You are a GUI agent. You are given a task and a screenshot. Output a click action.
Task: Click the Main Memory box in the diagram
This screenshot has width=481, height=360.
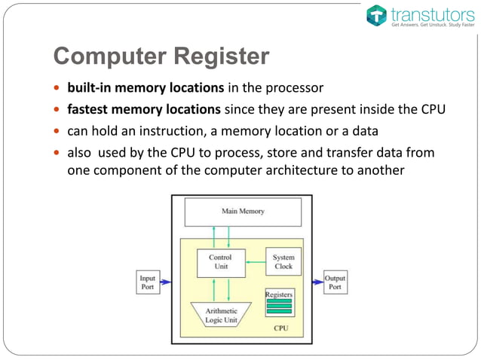[243, 211]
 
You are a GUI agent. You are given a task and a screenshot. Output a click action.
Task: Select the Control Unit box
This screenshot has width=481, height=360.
[225, 261]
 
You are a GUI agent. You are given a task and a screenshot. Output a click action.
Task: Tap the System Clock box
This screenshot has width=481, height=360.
[283, 261]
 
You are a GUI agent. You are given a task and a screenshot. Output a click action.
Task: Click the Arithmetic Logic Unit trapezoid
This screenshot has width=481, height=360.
[221, 316]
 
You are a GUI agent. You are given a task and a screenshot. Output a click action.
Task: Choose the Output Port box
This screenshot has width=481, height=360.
[335, 282]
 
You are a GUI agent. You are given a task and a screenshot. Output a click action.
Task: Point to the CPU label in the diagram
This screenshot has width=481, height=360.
[280, 328]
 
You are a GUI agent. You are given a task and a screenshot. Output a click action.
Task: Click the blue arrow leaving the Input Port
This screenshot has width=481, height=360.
[166, 282]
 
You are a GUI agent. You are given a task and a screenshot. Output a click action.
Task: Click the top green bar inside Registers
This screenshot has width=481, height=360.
[279, 301]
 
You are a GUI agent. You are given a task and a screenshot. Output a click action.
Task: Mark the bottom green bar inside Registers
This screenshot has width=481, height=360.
[279, 311]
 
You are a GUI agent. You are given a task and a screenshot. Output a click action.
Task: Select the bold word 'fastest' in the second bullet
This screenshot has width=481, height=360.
[90, 109]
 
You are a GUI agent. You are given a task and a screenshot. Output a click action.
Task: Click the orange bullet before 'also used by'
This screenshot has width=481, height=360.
[57, 154]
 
